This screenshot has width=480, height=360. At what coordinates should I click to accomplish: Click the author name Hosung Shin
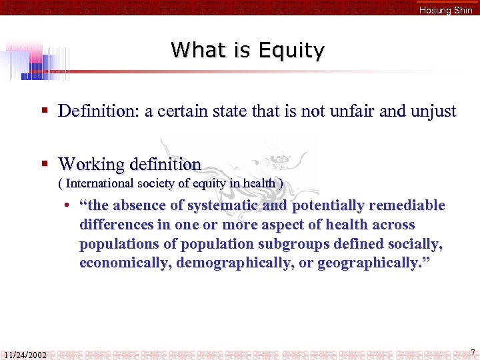[x=445, y=10]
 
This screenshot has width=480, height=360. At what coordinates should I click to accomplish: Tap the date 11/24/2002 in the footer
[x=25, y=355]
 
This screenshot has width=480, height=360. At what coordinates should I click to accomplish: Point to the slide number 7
[x=472, y=352]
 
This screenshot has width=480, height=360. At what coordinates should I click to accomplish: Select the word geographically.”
[x=374, y=263]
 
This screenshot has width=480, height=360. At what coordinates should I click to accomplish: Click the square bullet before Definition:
[x=44, y=111]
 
